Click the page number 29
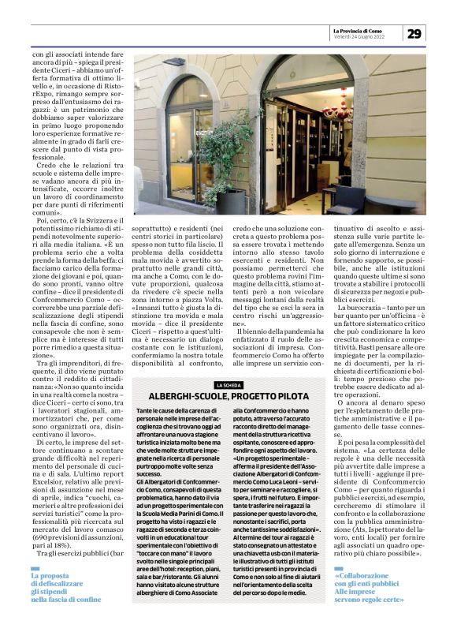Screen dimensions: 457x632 click(x=414, y=32)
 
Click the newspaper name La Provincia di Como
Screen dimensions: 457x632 click(x=366, y=29)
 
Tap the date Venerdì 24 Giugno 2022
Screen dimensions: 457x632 click(x=359, y=36)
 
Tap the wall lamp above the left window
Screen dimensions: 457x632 click(x=177, y=62)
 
